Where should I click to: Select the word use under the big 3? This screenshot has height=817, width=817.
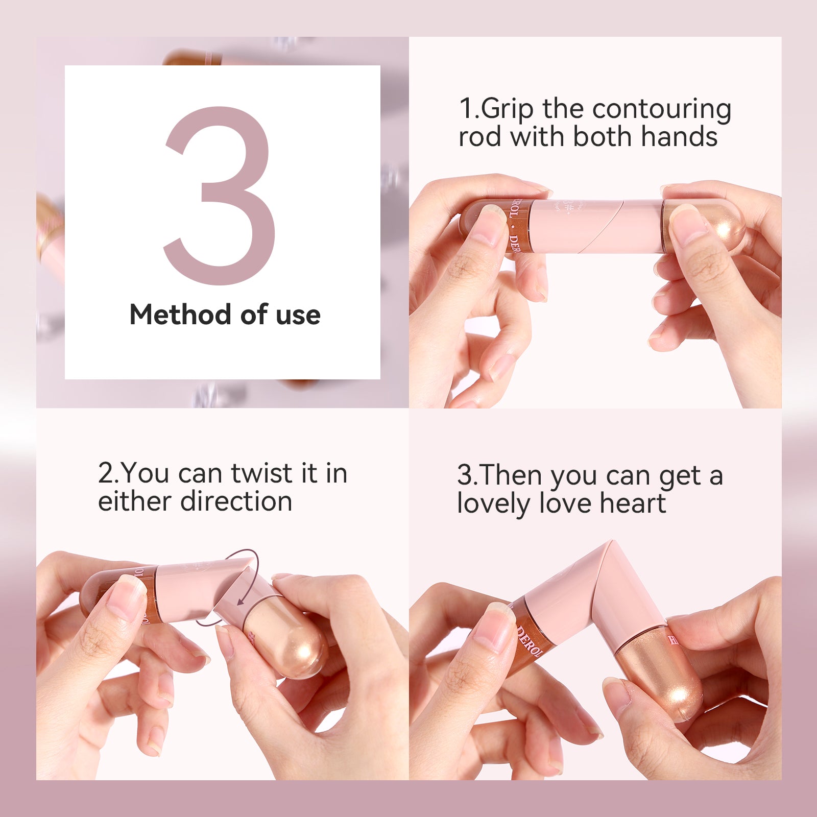click(298, 315)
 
